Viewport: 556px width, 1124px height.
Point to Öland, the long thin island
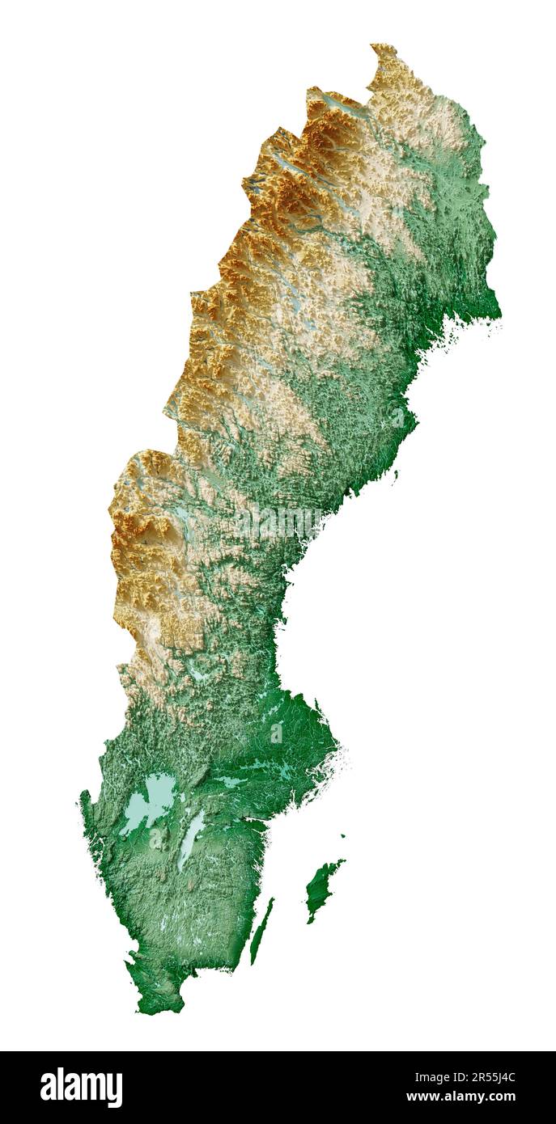point(261,930)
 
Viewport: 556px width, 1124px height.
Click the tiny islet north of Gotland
point(342,836)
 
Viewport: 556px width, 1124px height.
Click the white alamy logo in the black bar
point(81,1088)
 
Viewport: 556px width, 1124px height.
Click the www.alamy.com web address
point(461,1097)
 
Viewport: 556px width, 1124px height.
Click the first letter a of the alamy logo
point(49,1088)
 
